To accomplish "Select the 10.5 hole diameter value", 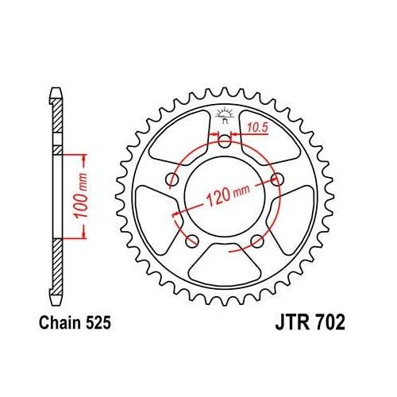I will point(256,126).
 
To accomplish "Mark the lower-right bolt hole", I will point(256,242).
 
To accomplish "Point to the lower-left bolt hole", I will point(191,241).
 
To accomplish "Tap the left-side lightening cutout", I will point(154,215).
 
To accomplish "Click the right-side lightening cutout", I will point(295,215).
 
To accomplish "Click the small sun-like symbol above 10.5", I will point(225,113).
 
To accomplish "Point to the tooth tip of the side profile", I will point(57,90).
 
